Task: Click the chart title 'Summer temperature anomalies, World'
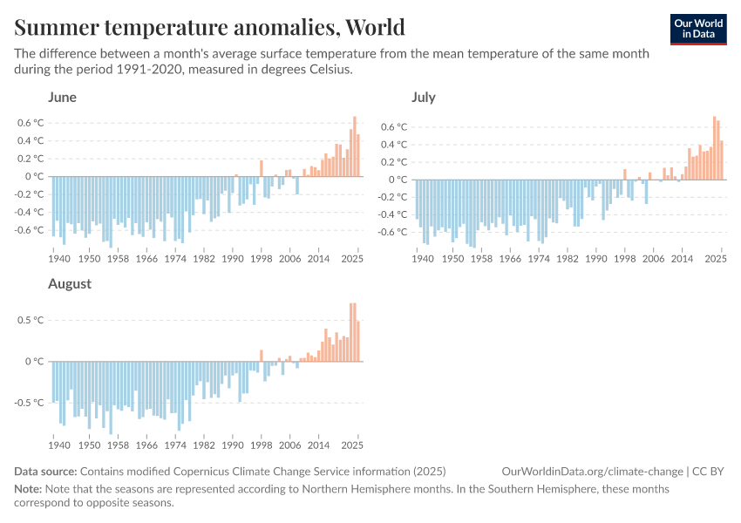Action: tap(209, 27)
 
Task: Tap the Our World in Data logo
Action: tap(697, 28)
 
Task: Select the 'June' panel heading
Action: tap(63, 97)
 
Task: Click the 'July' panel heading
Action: tap(424, 97)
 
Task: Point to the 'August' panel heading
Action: tap(70, 283)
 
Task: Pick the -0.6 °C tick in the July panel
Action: tap(391, 232)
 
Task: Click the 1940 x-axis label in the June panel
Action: tap(59, 259)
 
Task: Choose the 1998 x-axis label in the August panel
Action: tap(261, 445)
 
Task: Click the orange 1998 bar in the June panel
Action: tap(261, 168)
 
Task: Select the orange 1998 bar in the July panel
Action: tap(625, 174)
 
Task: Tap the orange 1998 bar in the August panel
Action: tap(261, 356)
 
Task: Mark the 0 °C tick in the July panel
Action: tap(397, 180)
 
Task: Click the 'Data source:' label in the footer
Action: tap(45, 472)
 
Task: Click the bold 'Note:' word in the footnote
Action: tap(29, 489)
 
